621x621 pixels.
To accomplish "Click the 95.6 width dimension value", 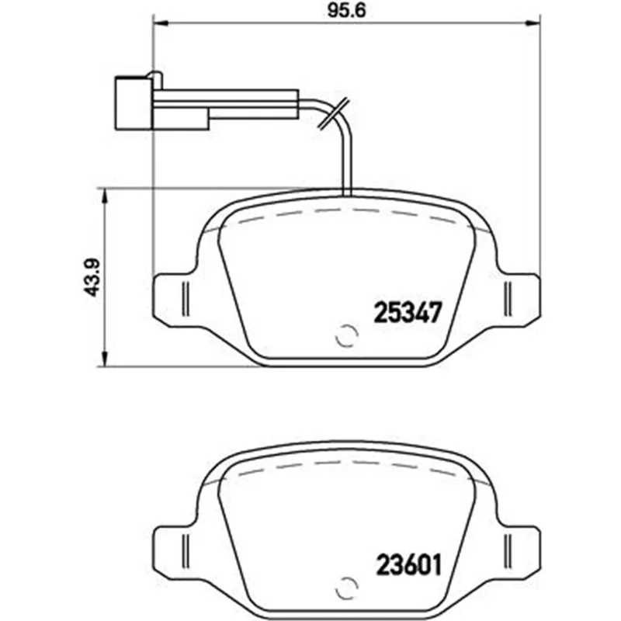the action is [x=346, y=11].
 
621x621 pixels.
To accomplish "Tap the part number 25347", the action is [x=408, y=312].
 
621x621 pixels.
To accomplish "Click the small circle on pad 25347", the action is [x=346, y=336].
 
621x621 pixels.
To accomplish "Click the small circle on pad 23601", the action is [x=346, y=588].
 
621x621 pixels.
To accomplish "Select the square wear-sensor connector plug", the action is [x=133, y=103].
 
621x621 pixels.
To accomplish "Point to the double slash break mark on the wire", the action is [x=334, y=113].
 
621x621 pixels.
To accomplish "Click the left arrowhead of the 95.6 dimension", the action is [x=161, y=24].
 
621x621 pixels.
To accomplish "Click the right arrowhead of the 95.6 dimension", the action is [x=533, y=24].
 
